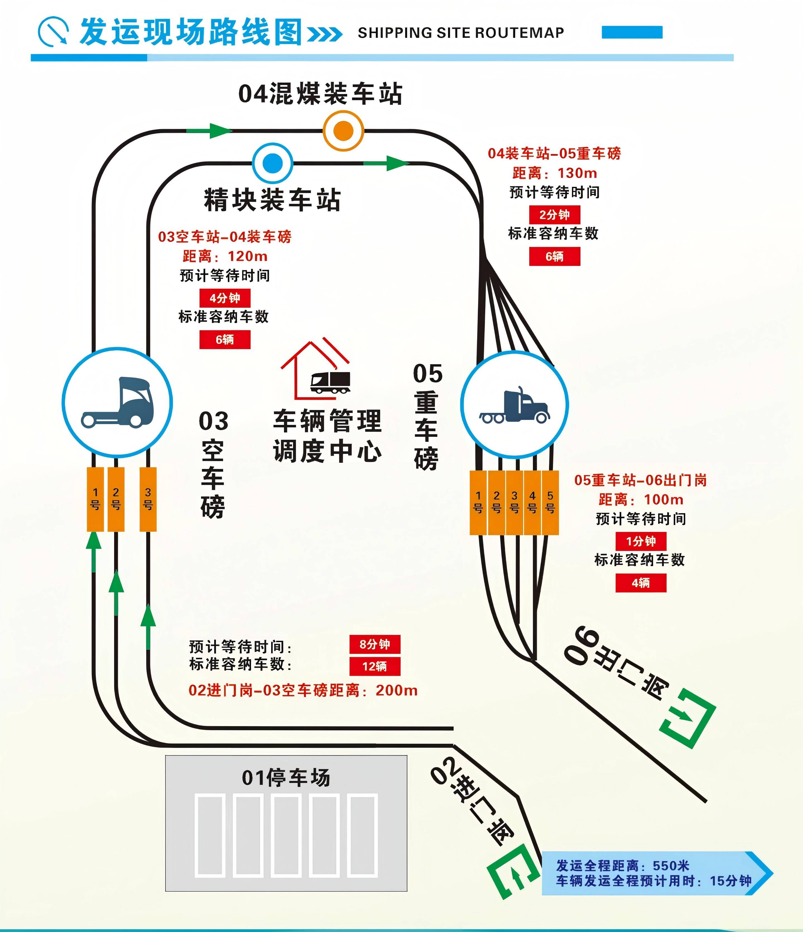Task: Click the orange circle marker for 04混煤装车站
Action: pos(343,131)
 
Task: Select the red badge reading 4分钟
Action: pos(225,298)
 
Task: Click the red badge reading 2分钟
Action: pos(554,215)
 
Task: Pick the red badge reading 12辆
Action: pos(375,666)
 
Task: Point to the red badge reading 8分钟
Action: pos(375,644)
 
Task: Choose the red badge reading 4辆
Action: pos(641,583)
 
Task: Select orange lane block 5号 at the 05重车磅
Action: pos(550,502)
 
